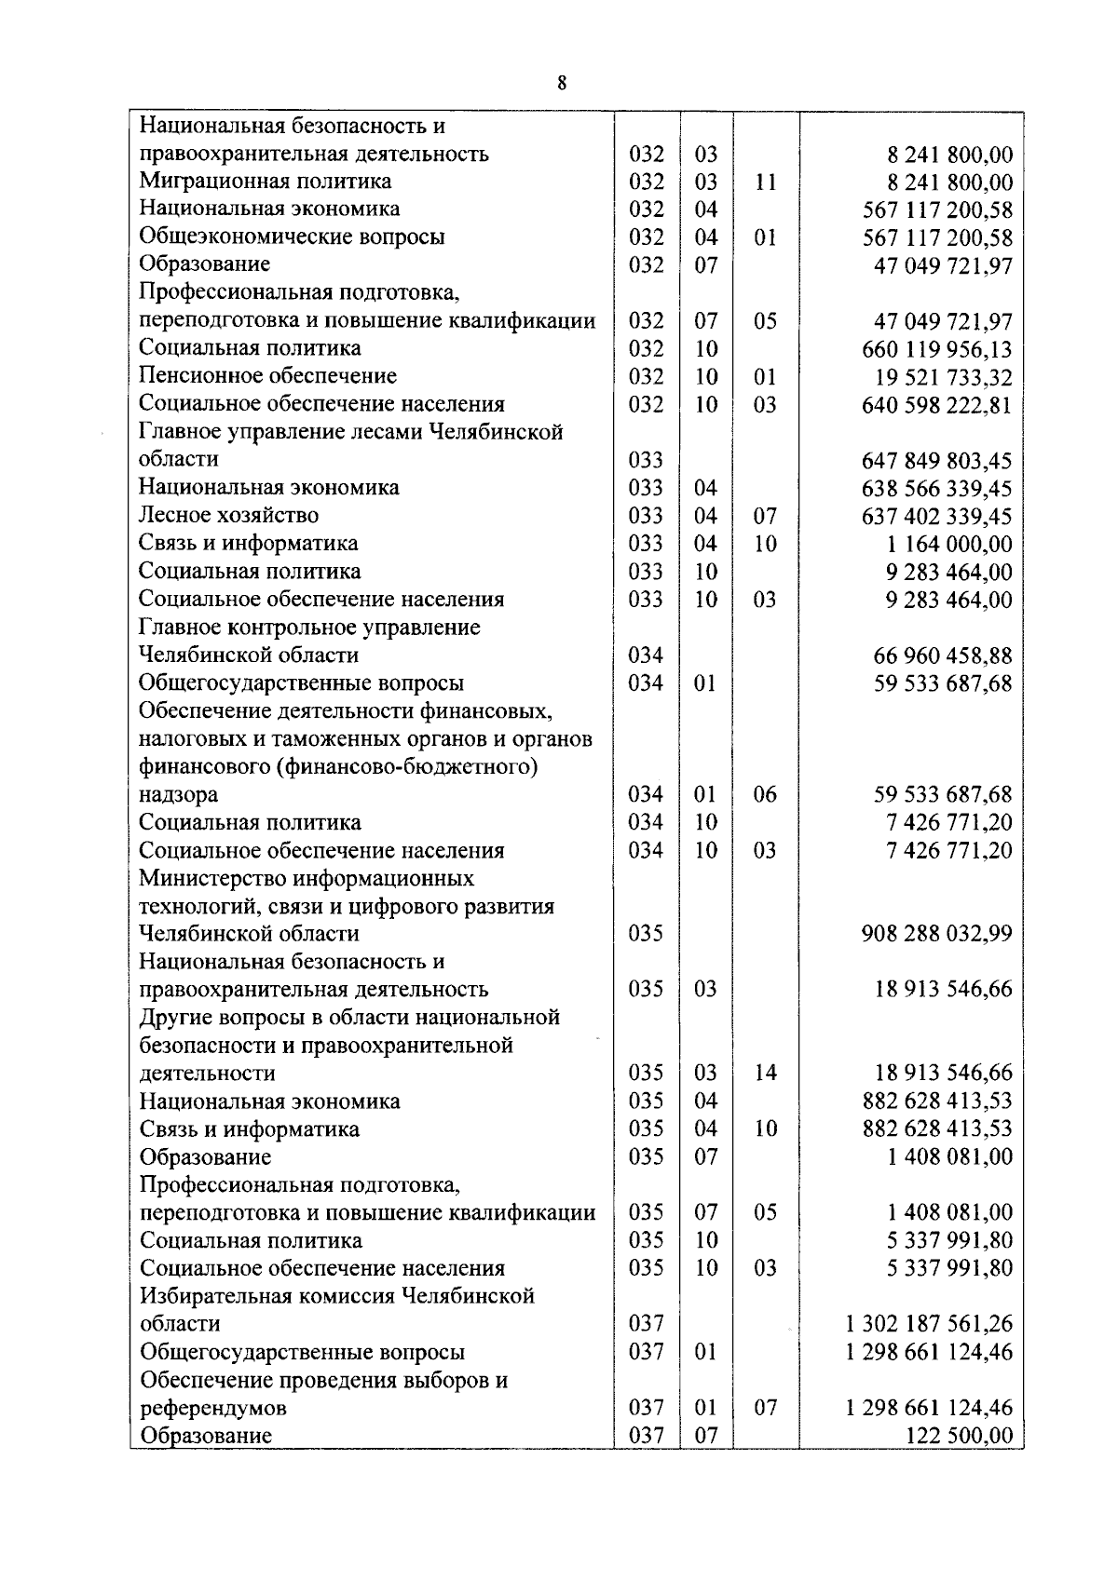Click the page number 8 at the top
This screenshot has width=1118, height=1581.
coord(561,83)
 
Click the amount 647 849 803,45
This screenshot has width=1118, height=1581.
coord(937,461)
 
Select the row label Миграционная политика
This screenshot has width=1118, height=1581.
coord(266,182)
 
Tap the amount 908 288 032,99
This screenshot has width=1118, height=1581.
coord(937,934)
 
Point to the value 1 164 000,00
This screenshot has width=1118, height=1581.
coord(949,545)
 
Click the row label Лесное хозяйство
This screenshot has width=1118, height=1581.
coord(229,516)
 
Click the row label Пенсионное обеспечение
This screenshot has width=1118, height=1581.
coord(268,376)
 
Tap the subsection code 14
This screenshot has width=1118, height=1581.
coord(765,1074)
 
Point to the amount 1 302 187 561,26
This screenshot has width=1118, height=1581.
coord(929,1324)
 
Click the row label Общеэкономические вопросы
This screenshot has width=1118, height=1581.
coord(293,237)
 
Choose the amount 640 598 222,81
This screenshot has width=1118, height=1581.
coord(937,405)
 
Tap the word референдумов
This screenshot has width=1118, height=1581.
coord(213,1408)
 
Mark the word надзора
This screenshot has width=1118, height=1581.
coord(179,795)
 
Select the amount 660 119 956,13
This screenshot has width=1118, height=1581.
coord(937,349)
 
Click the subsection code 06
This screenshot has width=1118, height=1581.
coord(765,795)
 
